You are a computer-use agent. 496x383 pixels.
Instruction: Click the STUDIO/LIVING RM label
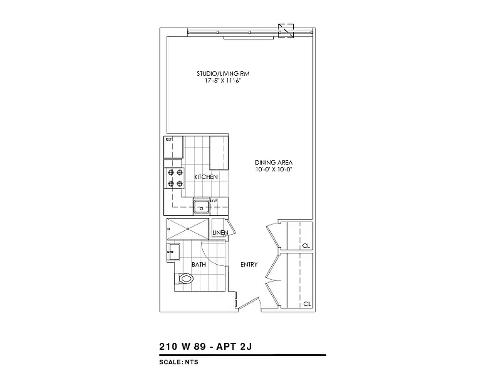click(x=223, y=74)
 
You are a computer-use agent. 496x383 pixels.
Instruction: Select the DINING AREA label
click(x=274, y=162)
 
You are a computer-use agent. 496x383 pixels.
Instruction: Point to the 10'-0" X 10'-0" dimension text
click(x=274, y=169)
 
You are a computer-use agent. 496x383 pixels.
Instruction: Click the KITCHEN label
click(x=206, y=177)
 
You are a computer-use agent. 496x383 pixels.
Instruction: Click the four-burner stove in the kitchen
click(x=174, y=178)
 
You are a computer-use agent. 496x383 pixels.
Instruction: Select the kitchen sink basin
click(x=201, y=207)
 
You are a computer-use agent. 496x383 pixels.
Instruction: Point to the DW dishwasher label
click(x=214, y=201)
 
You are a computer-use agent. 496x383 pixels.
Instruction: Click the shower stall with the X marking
click(x=188, y=228)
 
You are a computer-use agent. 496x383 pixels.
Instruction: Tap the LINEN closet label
click(x=219, y=233)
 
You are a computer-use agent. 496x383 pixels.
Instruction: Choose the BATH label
click(x=198, y=264)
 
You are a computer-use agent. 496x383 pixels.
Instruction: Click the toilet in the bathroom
click(x=184, y=278)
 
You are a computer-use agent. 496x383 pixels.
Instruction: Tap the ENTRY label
click(x=249, y=264)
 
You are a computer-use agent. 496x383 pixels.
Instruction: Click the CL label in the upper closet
click(x=306, y=246)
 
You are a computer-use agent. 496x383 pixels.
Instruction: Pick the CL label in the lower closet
click(x=306, y=304)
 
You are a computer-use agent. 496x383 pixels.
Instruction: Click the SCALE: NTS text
click(x=179, y=362)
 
